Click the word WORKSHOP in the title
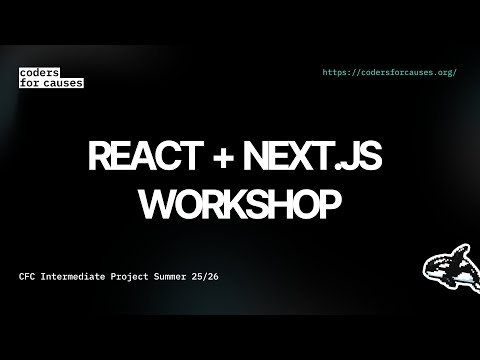click(240, 203)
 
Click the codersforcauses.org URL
click(391, 73)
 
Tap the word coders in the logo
click(38, 73)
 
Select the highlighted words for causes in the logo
click(51, 83)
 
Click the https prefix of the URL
click(339, 73)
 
